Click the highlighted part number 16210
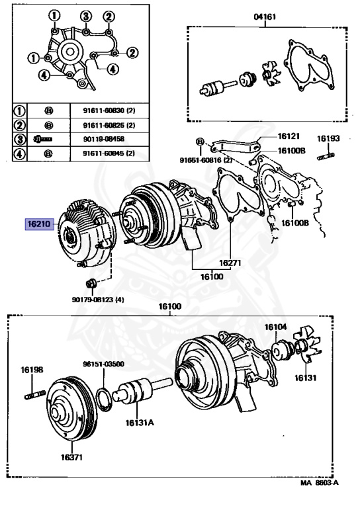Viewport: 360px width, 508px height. [40, 224]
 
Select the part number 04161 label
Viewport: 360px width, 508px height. [265, 16]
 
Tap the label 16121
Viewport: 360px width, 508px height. [289, 136]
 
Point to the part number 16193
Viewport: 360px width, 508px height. [328, 138]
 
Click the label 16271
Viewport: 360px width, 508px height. [230, 263]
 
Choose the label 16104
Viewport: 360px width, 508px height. [275, 327]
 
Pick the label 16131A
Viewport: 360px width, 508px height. [140, 423]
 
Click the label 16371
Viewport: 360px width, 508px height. [71, 457]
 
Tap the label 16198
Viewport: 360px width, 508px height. [32, 370]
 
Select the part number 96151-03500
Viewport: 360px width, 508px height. [103, 364]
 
